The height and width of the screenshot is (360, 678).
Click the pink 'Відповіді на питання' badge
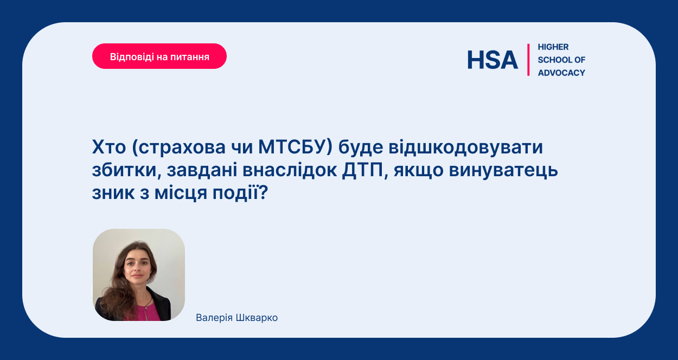[159, 56]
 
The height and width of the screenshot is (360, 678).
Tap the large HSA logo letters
[492, 60]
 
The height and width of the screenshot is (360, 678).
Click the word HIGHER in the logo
[553, 47]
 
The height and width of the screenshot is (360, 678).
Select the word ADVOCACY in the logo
[561, 73]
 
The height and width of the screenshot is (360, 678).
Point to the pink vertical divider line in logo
[528, 60]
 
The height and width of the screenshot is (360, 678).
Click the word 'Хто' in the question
[109, 147]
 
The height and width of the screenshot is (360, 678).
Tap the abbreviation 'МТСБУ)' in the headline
[295, 147]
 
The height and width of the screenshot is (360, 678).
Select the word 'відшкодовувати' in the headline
[465, 147]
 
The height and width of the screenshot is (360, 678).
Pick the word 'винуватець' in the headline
[503, 170]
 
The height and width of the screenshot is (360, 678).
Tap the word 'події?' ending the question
[240, 193]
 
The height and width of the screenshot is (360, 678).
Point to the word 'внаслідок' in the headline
[290, 170]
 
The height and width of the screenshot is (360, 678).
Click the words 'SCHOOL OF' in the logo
[561, 60]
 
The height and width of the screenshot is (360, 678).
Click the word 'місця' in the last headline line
[181, 193]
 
